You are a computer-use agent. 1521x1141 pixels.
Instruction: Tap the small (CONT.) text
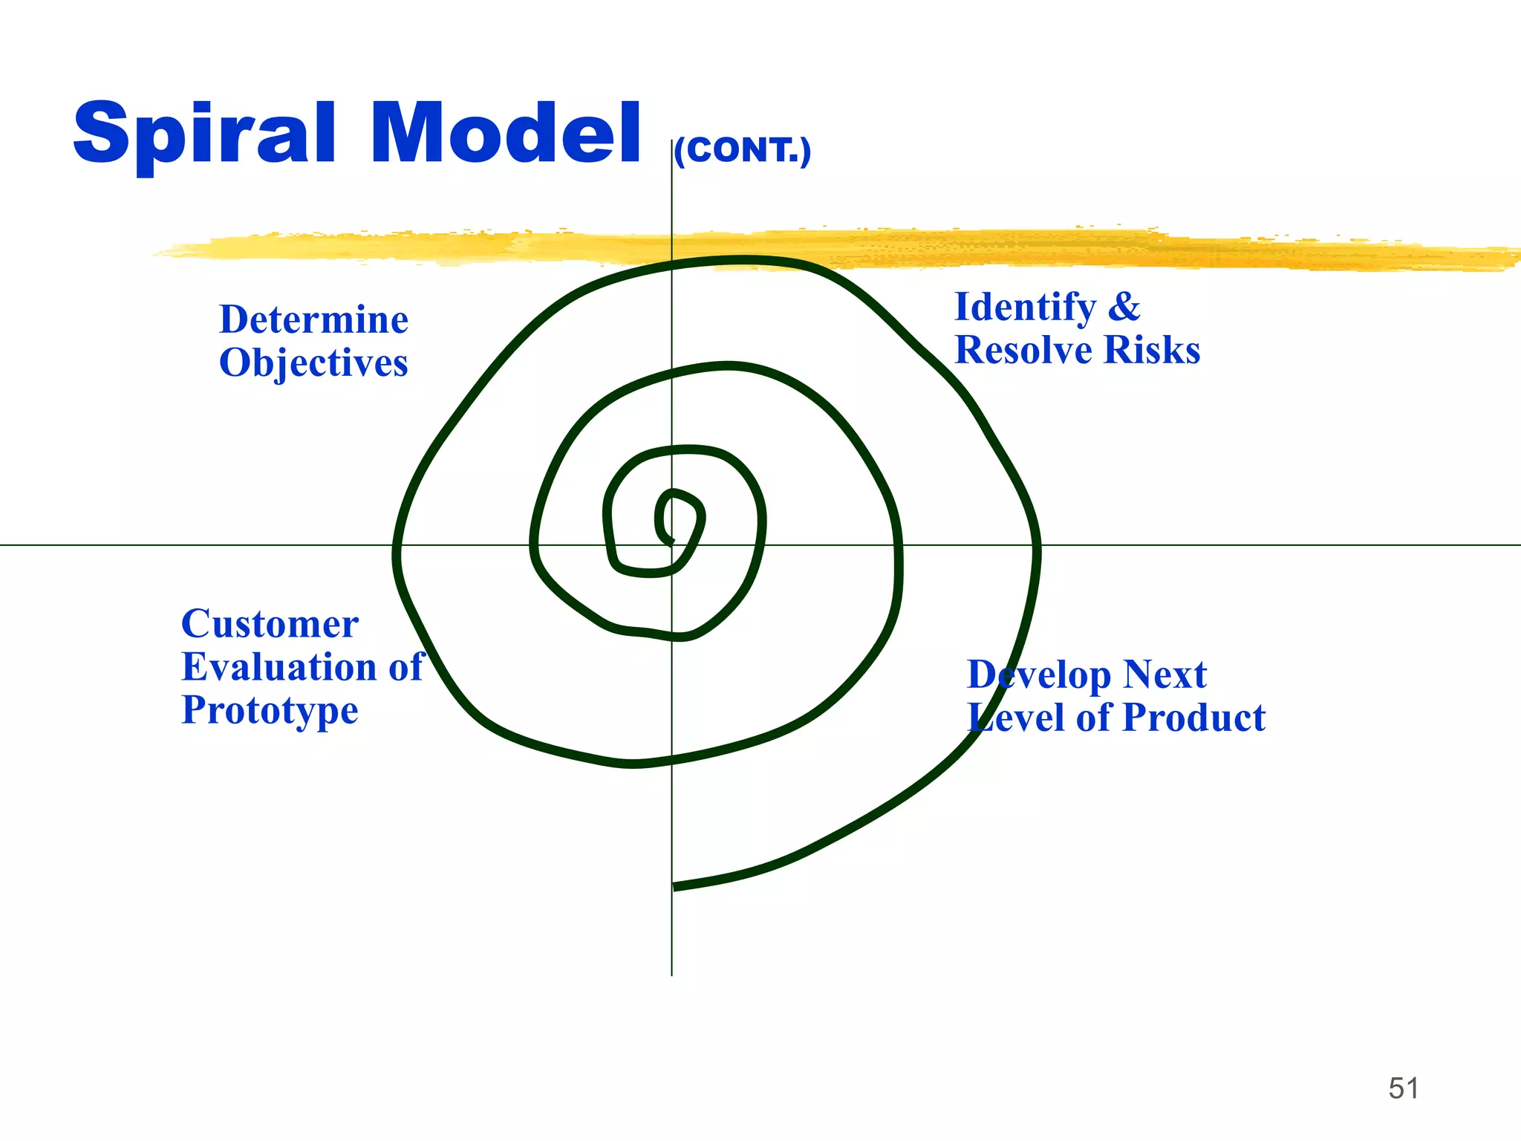(743, 151)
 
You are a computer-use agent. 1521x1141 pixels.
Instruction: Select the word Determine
(313, 320)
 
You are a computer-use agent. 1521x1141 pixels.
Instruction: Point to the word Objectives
(313, 364)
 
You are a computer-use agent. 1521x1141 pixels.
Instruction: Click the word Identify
(1025, 308)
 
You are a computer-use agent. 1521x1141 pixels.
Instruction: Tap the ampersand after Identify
(1124, 308)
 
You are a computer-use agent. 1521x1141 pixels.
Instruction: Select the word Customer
(270, 624)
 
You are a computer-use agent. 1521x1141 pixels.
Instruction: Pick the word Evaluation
(279, 667)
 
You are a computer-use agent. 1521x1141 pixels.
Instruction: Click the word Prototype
(270, 710)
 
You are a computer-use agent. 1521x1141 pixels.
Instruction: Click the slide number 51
(1403, 1088)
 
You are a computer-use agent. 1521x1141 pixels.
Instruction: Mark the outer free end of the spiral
(675, 886)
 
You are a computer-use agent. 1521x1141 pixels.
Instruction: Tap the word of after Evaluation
(406, 667)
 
